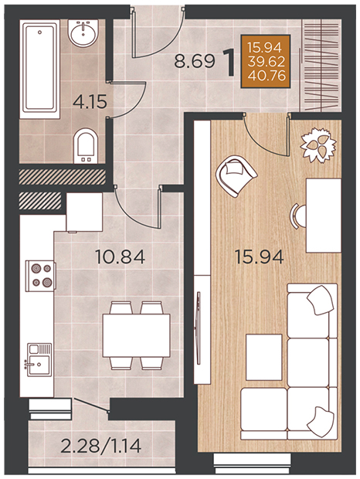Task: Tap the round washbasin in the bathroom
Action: tap(83, 32)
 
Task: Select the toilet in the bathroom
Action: tap(86, 146)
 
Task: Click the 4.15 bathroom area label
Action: tap(90, 102)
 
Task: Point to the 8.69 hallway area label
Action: tap(195, 61)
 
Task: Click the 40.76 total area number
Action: tap(267, 76)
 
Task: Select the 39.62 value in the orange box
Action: tap(267, 62)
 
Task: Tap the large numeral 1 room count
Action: tap(229, 63)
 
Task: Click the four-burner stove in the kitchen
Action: tap(41, 276)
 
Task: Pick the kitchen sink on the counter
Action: tap(39, 360)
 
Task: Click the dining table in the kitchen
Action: tap(136, 335)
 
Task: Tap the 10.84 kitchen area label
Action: tap(120, 256)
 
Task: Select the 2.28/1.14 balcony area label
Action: tap(100, 446)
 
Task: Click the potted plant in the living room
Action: tap(318, 144)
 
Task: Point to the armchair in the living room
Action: tap(236, 175)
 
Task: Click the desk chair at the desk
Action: tap(298, 216)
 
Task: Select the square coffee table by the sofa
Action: tap(263, 357)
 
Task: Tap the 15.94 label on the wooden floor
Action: tap(260, 256)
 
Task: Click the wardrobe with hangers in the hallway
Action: tap(321, 66)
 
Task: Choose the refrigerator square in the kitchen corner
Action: tap(84, 212)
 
